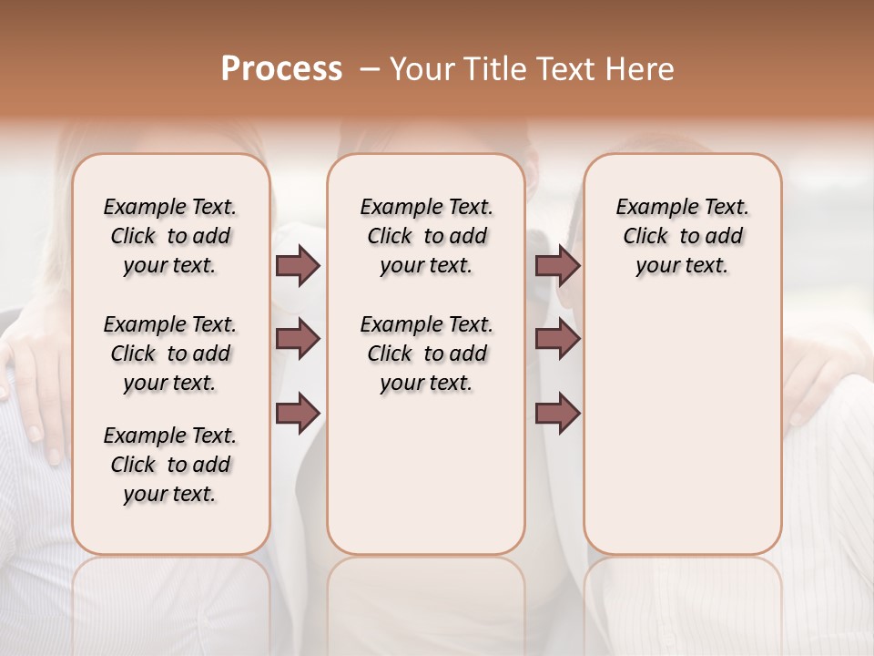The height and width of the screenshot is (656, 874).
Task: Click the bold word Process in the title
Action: point(281,69)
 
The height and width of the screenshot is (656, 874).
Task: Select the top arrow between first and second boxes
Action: point(298,266)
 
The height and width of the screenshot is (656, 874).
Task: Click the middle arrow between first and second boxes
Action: point(298,339)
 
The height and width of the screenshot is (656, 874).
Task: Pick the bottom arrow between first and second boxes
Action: point(298,413)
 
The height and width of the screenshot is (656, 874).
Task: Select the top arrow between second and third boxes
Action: point(557,266)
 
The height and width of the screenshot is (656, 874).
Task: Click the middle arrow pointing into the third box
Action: point(557,339)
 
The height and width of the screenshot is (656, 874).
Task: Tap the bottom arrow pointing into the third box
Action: point(557,413)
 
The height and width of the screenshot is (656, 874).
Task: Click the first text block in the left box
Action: point(170,236)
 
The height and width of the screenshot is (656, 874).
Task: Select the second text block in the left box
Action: point(170,354)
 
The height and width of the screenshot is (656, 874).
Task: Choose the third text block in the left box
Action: point(170,465)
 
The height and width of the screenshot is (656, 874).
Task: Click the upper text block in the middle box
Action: point(426,236)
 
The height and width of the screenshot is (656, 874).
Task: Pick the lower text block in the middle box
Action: point(426,354)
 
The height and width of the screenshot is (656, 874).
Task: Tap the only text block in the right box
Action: point(682,236)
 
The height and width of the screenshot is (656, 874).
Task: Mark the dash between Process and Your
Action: point(369,69)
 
